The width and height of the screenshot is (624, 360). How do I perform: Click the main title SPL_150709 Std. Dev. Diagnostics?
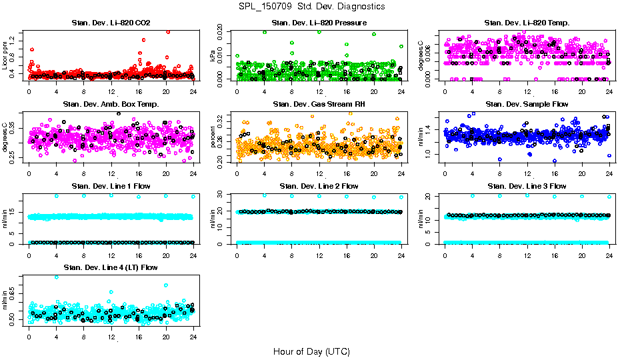[311, 6]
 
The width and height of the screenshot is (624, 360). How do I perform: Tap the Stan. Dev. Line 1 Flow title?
[111, 186]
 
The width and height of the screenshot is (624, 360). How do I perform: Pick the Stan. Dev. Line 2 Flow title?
[319, 186]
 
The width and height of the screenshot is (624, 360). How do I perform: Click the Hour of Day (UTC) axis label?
[311, 351]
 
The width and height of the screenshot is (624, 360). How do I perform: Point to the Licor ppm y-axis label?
[6, 55]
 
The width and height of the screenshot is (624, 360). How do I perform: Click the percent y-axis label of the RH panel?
[213, 137]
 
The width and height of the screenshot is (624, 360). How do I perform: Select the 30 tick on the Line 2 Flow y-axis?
[223, 194]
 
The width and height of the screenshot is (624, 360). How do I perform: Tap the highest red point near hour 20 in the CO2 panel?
[167, 31]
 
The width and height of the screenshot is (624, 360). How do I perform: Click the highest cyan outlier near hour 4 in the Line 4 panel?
[56, 277]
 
